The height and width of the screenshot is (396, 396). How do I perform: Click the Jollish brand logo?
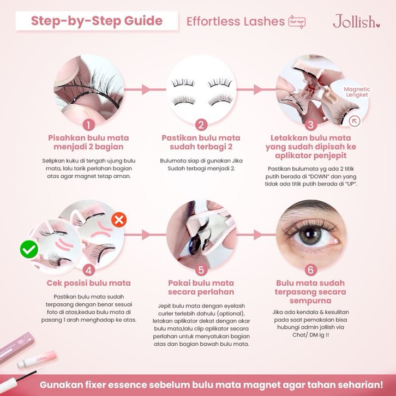356,21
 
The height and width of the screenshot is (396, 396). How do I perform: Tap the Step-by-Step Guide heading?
97,21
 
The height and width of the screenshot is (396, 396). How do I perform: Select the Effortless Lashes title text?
236,21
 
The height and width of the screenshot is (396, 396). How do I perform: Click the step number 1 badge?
89,125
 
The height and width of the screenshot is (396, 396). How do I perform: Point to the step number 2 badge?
201,125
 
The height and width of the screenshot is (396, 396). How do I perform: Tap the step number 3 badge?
311,125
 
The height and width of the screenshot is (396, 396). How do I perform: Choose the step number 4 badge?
89,270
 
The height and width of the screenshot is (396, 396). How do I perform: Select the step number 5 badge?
201,270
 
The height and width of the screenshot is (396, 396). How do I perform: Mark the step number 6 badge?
311,270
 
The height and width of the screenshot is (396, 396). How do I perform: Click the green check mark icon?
29,249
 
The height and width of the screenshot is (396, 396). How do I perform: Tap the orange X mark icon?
119,220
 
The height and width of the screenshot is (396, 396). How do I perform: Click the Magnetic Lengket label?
357,92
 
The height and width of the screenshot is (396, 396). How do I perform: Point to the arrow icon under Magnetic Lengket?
355,121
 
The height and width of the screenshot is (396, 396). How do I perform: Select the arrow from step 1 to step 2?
145,89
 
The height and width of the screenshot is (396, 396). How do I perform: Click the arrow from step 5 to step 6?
256,235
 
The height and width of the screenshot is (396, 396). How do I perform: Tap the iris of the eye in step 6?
310,236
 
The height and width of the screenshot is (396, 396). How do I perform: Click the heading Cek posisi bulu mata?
89,283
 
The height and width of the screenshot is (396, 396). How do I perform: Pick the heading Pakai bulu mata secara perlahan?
201,287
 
